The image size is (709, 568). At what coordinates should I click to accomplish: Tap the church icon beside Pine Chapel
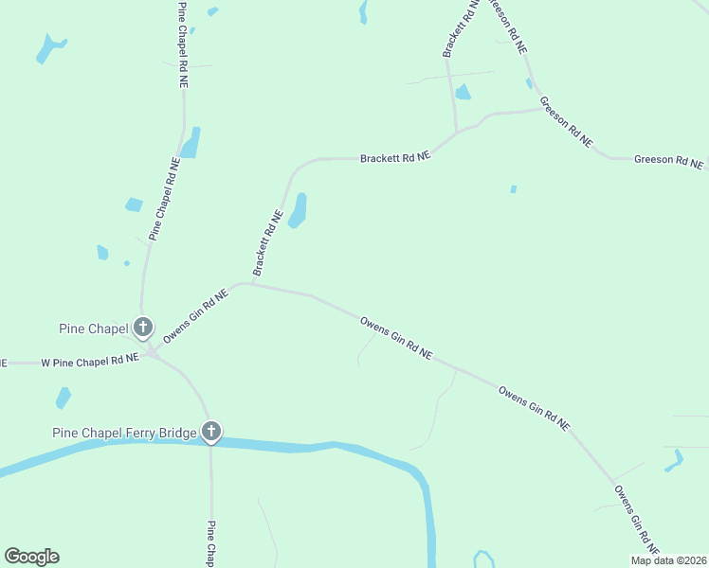click(143, 328)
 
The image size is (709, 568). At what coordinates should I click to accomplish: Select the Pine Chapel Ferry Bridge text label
click(124, 434)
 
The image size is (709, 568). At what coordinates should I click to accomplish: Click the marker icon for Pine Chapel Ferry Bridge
click(211, 433)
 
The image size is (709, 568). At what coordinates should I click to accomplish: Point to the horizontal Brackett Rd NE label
click(395, 158)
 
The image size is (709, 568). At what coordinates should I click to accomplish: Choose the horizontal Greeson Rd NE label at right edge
click(668, 161)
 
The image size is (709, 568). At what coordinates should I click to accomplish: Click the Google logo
click(31, 557)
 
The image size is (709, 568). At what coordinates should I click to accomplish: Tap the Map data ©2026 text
click(668, 560)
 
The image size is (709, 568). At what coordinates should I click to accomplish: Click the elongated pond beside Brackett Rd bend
click(299, 211)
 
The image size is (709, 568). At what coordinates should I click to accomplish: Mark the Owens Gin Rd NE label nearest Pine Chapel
click(196, 316)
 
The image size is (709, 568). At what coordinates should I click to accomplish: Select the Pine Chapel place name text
click(94, 329)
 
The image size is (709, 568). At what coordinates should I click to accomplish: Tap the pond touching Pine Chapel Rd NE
click(191, 143)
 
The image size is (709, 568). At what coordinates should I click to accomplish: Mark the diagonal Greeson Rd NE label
click(566, 121)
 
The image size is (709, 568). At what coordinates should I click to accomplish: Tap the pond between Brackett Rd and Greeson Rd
click(463, 92)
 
